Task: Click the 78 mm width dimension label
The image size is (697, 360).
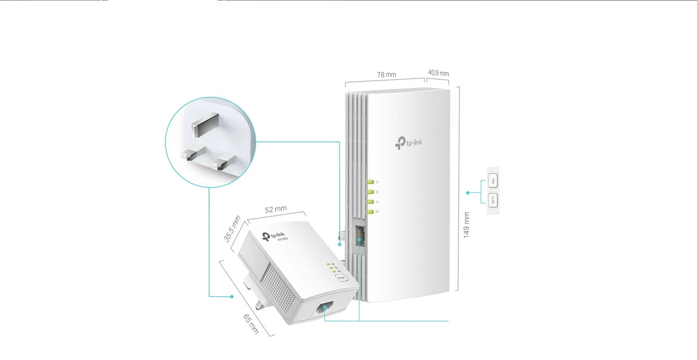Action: (387, 74)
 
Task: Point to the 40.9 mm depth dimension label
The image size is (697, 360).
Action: (438, 73)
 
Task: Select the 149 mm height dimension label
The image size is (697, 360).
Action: (467, 225)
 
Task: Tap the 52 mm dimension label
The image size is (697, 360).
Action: (276, 209)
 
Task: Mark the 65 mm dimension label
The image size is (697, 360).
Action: (251, 324)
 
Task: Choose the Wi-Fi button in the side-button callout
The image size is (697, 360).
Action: (493, 201)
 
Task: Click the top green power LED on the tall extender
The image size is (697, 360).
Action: (370, 182)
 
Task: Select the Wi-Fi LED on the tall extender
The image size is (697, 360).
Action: (370, 212)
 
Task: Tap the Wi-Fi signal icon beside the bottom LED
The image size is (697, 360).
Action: (377, 212)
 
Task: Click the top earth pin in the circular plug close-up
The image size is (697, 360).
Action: (201, 126)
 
